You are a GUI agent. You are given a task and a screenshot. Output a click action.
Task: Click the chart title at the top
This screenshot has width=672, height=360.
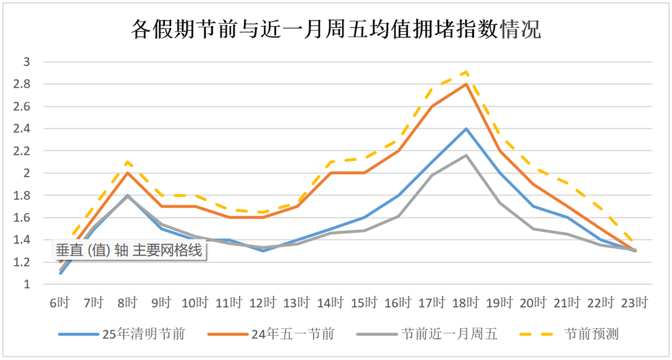336,29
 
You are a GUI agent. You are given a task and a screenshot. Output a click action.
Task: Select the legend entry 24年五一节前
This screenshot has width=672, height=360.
292,334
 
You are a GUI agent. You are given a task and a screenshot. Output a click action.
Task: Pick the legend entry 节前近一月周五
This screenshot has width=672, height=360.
449,334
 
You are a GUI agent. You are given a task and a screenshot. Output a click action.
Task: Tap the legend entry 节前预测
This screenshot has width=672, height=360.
591,334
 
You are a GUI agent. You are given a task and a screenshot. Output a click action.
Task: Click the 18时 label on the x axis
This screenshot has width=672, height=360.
466,303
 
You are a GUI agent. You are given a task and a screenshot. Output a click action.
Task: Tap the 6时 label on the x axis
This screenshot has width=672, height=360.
60,303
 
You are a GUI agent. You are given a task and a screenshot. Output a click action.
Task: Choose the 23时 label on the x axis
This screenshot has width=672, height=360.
635,303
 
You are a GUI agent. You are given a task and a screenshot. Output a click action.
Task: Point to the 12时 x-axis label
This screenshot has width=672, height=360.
263,303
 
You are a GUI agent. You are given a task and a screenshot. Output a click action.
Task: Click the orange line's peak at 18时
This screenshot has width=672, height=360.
466,84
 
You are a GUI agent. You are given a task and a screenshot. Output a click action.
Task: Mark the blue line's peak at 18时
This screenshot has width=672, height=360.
466,129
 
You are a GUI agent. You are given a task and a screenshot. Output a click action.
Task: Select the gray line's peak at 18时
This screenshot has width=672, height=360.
466,155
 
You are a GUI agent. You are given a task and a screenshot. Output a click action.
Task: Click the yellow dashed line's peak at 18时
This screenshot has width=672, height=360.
466,72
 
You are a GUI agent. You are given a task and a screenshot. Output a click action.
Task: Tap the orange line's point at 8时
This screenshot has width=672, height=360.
128,173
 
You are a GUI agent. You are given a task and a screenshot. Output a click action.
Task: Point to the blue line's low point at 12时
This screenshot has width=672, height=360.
263,251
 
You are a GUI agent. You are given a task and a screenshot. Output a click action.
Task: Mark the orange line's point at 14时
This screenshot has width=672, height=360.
330,173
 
